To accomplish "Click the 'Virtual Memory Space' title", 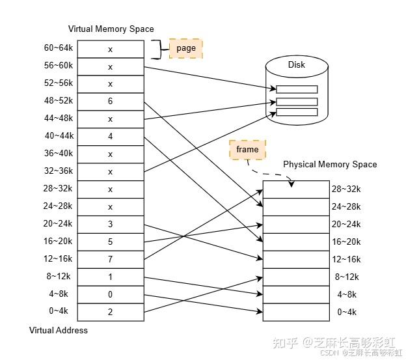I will click(111, 29).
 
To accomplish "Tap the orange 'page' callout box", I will click(186, 48).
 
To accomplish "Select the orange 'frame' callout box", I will click(247, 150).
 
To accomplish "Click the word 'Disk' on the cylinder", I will click(297, 64).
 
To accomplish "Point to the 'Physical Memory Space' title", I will click(330, 164).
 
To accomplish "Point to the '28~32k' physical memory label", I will click(347, 189).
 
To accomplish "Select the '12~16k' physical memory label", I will click(347, 259).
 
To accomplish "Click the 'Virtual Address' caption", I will click(59, 330).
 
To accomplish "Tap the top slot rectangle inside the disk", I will click(297, 90).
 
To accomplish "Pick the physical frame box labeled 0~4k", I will click(296, 312).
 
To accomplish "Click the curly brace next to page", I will click(156, 48).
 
